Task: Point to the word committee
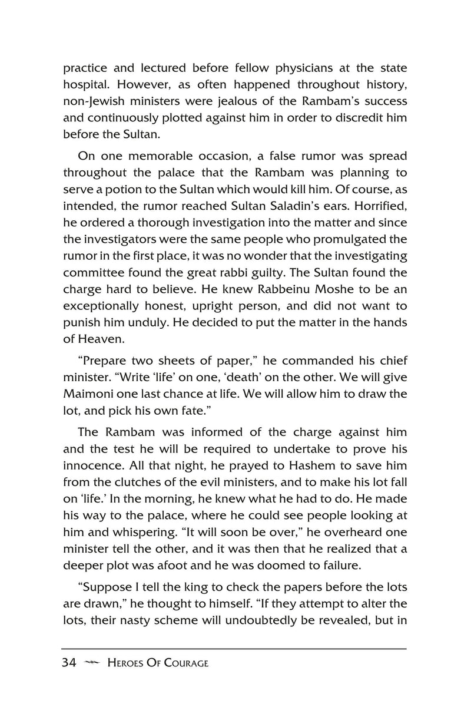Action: coord(97,272)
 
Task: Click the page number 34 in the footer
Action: coord(69,663)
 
